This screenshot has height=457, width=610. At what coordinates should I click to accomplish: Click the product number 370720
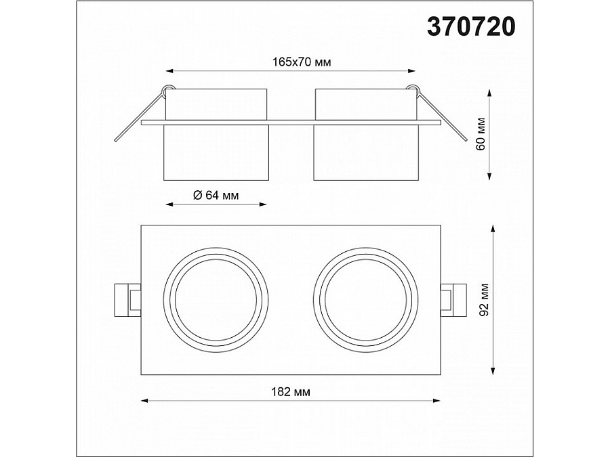[x=471, y=27]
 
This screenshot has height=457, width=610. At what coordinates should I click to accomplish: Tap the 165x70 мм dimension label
[x=302, y=62]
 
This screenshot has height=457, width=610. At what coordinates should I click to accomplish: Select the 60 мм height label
[x=481, y=133]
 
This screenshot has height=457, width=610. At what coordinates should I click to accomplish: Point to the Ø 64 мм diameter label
[x=216, y=195]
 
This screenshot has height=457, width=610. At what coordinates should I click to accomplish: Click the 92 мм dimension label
[x=484, y=300]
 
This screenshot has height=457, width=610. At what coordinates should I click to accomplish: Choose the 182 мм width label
[x=291, y=392]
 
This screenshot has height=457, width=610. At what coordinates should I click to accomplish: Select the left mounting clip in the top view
[x=127, y=300]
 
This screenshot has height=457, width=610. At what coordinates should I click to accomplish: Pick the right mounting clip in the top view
[x=453, y=300]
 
